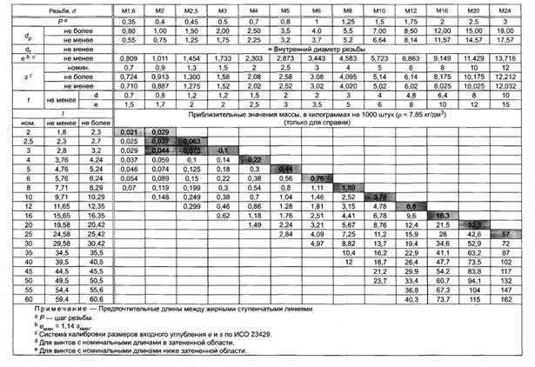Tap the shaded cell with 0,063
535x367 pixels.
pyautogui.click(x=191, y=140)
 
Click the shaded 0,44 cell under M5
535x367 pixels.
pyautogui.click(x=284, y=169)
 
